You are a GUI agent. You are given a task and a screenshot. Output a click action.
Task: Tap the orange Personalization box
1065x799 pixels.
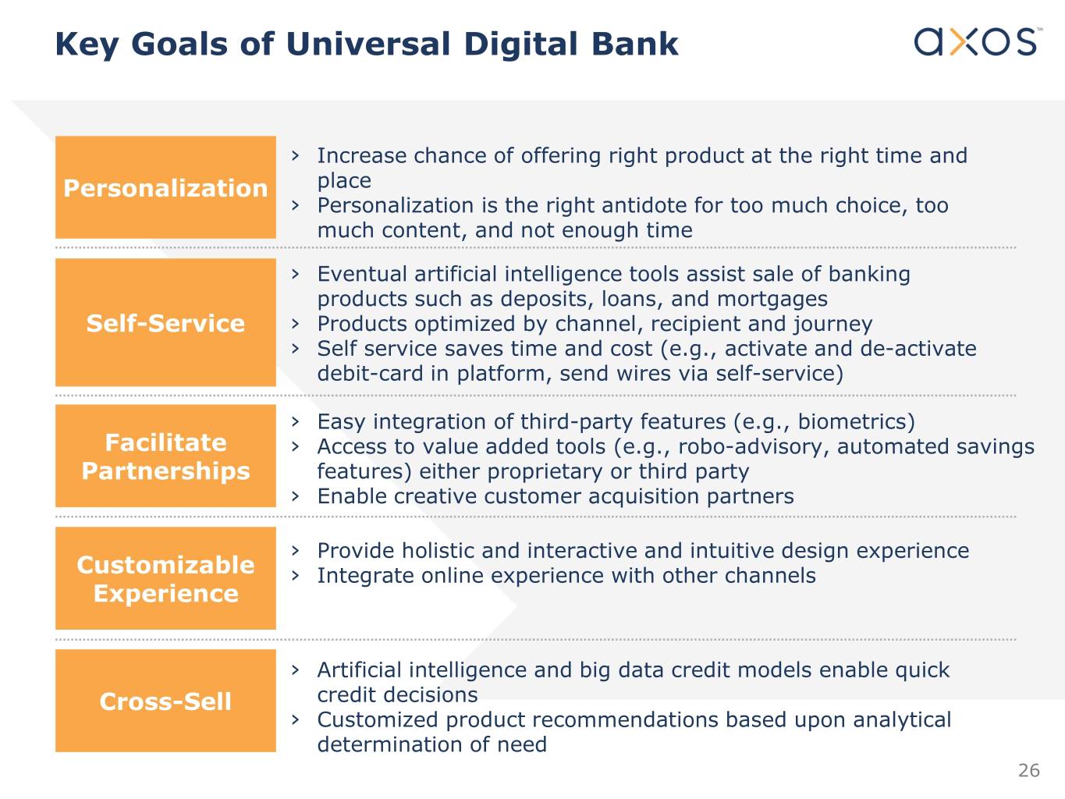[165, 187]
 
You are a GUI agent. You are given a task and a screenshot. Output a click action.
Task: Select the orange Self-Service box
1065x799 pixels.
[165, 322]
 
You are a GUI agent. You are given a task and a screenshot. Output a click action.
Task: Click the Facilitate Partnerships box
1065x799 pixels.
[165, 456]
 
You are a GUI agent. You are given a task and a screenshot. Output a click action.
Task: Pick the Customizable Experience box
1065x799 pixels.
[165, 578]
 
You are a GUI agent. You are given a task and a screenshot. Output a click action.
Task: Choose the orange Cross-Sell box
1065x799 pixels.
[165, 701]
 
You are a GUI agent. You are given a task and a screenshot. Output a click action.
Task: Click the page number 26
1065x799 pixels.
[1028, 771]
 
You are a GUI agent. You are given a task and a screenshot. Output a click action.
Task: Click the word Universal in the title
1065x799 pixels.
[368, 44]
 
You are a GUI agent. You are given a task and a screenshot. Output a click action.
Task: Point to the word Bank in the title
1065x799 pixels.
[634, 44]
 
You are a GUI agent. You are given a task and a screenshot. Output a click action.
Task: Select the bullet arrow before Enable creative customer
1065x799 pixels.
[295, 496]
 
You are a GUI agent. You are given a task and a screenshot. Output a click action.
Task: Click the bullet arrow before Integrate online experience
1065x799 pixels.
[295, 576]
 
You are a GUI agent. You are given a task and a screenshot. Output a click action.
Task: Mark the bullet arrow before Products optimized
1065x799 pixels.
[295, 324]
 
